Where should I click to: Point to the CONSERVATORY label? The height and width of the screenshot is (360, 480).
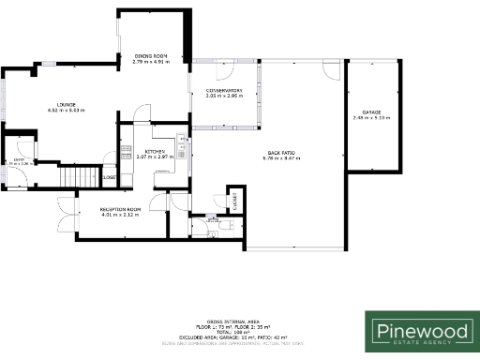pyautogui.click(x=224, y=91)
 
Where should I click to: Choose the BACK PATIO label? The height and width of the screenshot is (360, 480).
pyautogui.click(x=280, y=153)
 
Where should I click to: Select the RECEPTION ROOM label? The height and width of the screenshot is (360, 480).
pyautogui.click(x=120, y=209)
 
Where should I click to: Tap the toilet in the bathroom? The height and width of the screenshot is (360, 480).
pyautogui.click(x=222, y=225)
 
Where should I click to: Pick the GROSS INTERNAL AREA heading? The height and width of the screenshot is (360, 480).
pyautogui.click(x=240, y=321)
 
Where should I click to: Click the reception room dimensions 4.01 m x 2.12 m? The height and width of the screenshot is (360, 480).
pyautogui.click(x=120, y=215)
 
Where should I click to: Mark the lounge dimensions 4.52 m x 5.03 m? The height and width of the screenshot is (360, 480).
pyautogui.click(x=66, y=111)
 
